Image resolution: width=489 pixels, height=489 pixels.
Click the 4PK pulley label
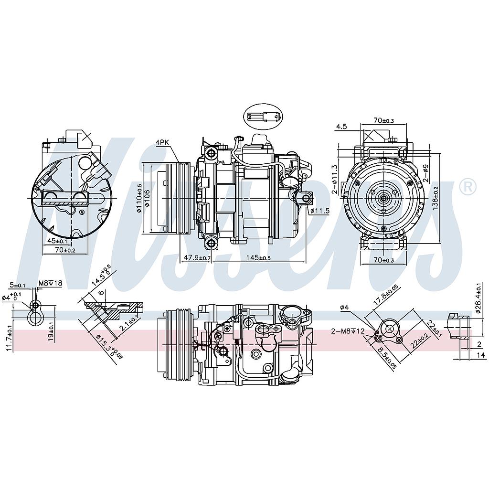click(x=162, y=142)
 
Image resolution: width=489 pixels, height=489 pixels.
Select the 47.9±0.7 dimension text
click(x=197, y=258)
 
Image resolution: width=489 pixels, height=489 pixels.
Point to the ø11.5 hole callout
click(x=319, y=211)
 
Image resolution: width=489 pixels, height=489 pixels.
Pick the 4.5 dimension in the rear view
click(x=341, y=127)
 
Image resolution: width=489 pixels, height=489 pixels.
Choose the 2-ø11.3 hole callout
click(x=336, y=179)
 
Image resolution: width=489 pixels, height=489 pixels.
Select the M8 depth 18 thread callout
click(x=50, y=283)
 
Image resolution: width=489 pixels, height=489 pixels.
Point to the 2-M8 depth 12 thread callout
click(x=348, y=331)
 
